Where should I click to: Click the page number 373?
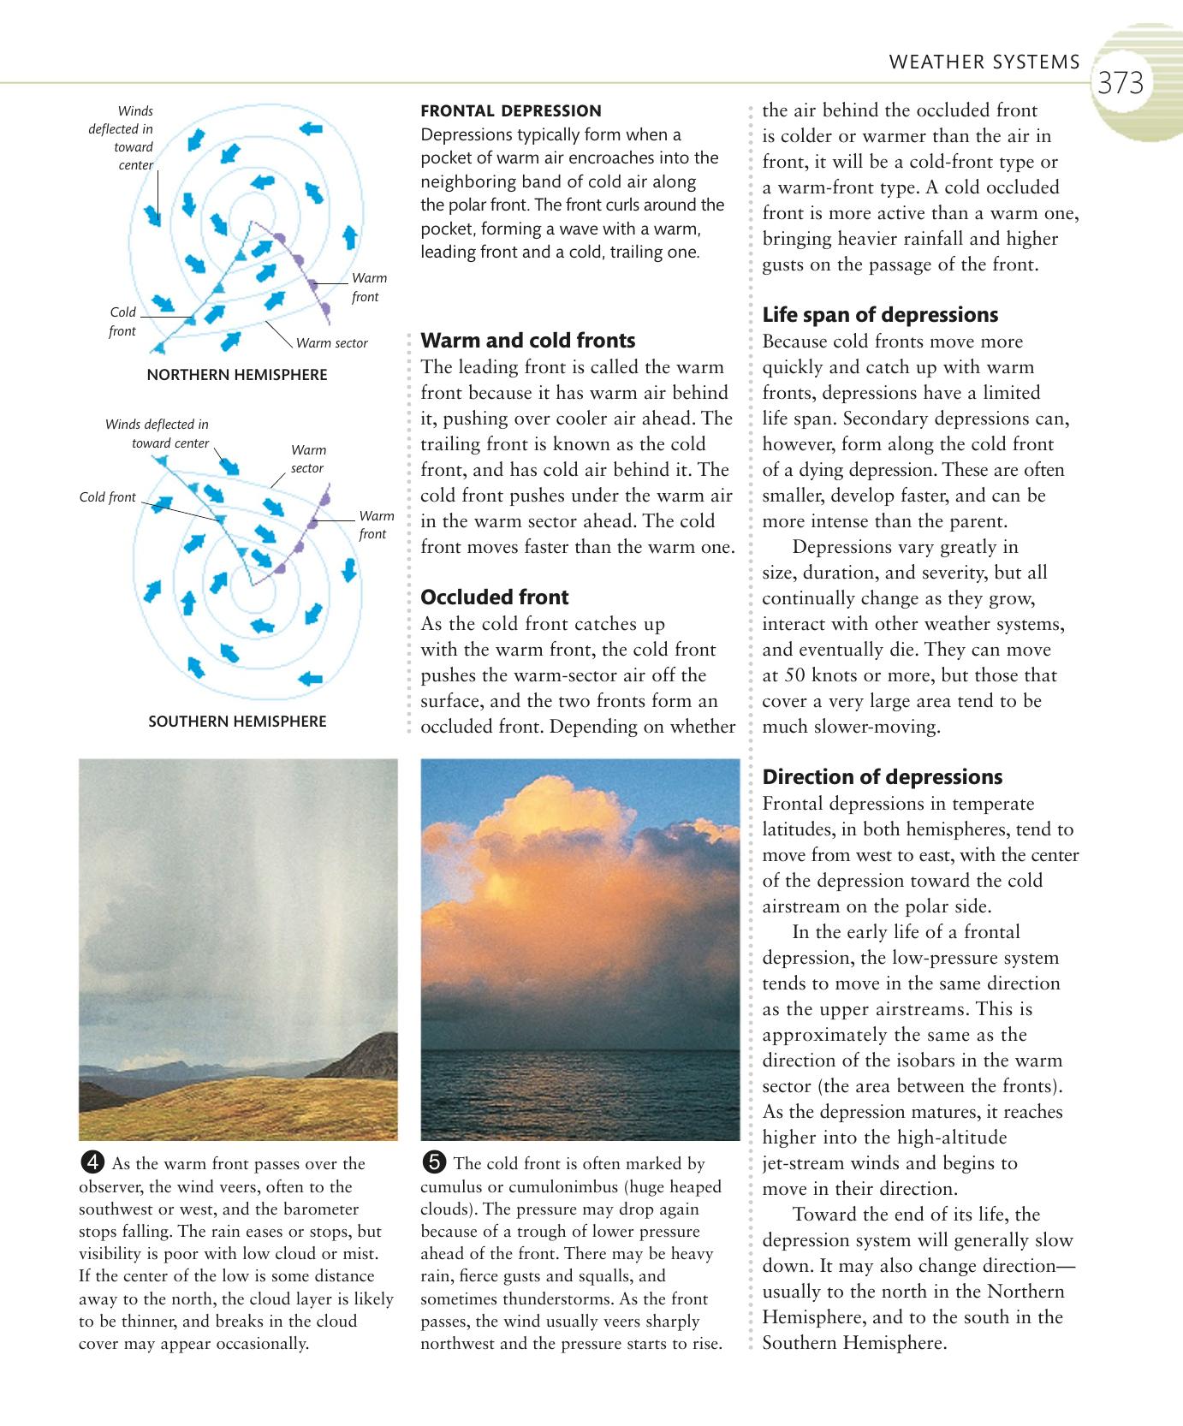click(1120, 84)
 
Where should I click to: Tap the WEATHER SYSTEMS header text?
click(984, 62)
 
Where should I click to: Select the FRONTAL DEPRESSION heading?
click(511, 110)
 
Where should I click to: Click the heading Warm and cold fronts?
click(528, 341)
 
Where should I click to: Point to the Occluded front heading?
click(495, 597)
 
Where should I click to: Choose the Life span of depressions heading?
click(880, 315)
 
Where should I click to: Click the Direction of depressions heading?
click(883, 777)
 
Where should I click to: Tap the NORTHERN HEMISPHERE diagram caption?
click(237, 375)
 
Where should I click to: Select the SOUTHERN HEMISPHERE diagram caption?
click(237, 722)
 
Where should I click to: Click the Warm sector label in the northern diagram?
click(331, 343)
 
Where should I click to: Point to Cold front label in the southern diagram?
click(107, 497)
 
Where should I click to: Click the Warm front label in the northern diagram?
click(368, 288)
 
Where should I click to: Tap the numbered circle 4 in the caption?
click(95, 1162)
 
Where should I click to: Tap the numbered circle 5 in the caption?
click(435, 1162)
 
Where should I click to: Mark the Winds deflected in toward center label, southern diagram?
click(158, 433)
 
